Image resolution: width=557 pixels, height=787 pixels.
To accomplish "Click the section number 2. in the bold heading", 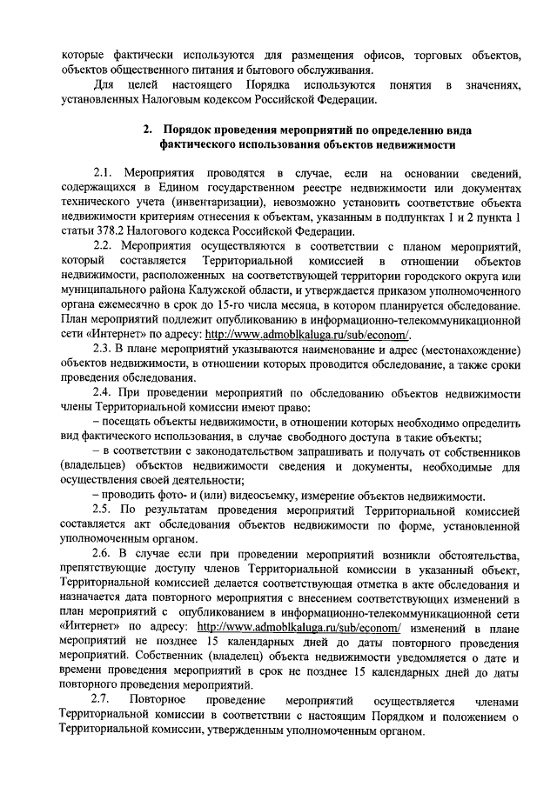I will pos(149,130).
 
